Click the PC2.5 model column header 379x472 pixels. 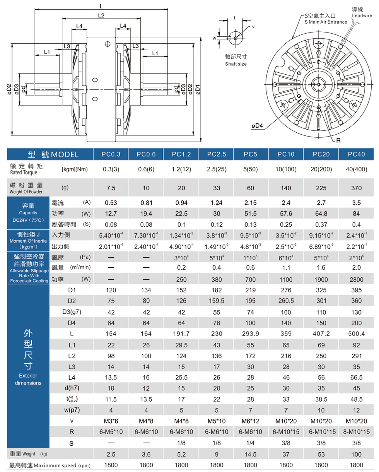click(216, 154)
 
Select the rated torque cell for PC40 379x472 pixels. click(356, 169)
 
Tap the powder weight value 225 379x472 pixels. click(321, 188)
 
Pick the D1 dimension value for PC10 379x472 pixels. click(286, 290)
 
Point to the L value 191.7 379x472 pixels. click(181, 333)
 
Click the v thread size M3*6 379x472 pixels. click(111, 421)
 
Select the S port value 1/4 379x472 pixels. click(251, 443)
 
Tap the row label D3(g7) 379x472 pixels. click(72, 312)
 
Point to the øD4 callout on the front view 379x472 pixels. click(257, 126)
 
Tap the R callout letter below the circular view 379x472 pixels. click(338, 140)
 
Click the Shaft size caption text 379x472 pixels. click(236, 64)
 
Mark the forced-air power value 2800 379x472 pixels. click(356, 279)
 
